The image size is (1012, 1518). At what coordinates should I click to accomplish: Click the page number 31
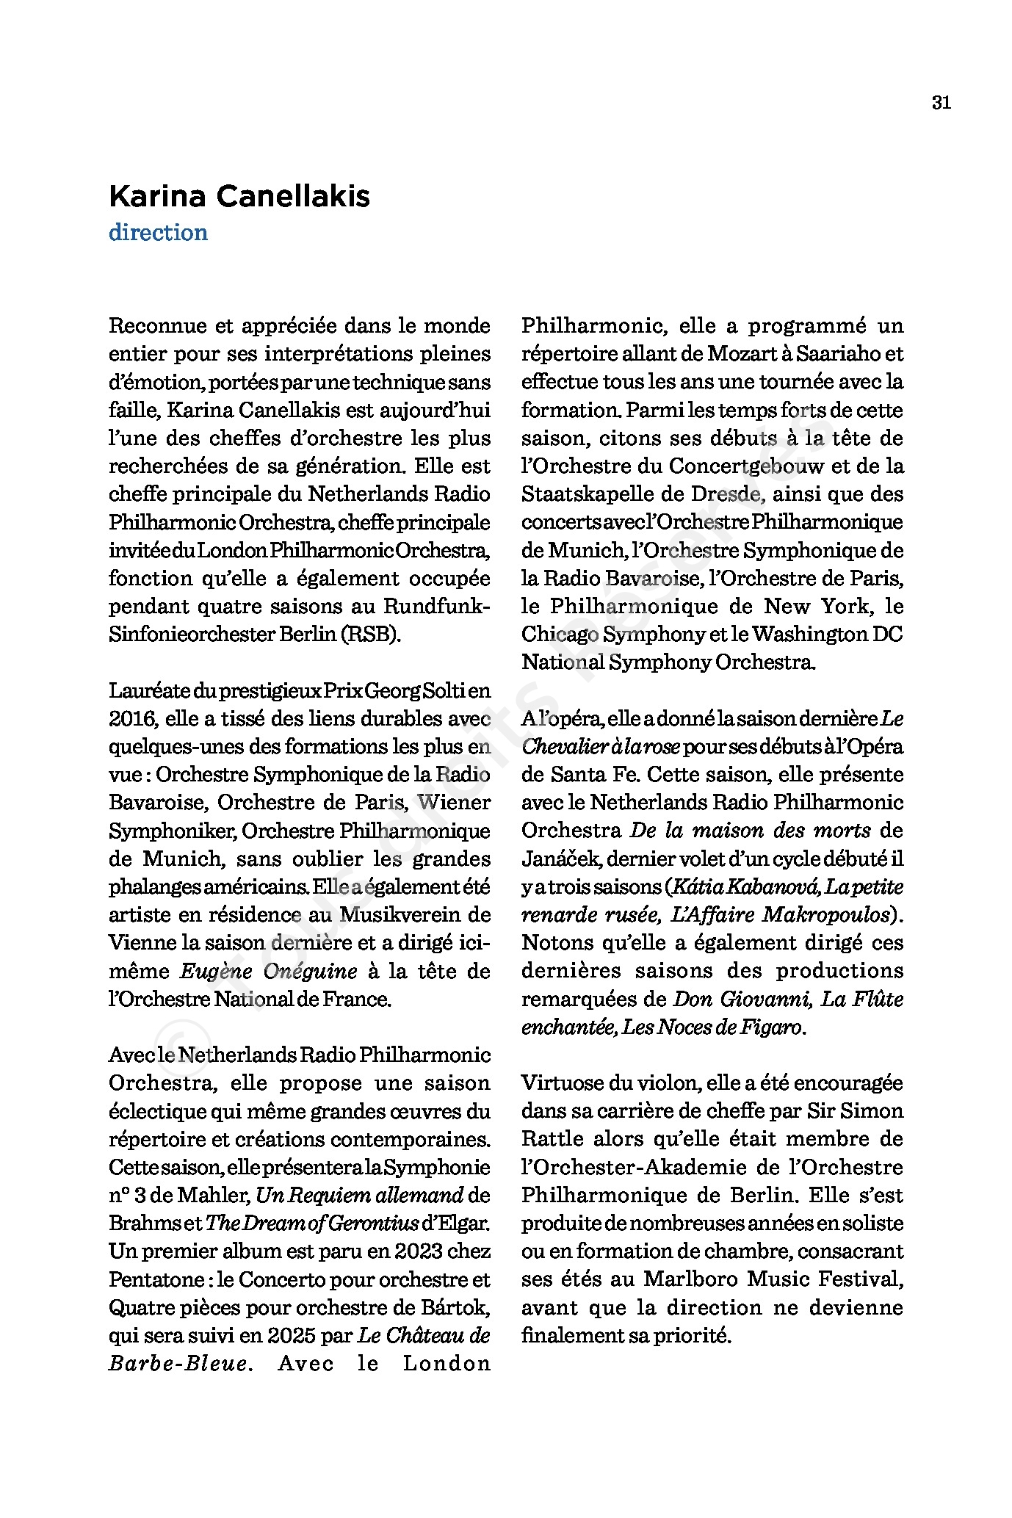[941, 103]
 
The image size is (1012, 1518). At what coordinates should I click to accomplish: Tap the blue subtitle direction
[158, 233]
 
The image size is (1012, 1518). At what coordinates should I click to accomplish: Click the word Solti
[435, 690]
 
